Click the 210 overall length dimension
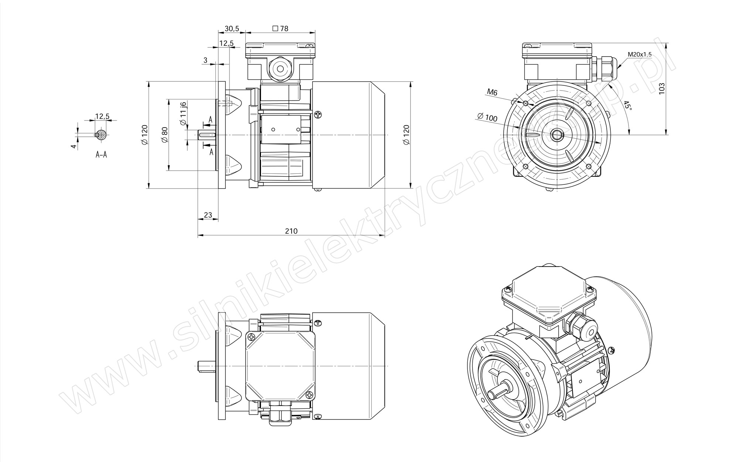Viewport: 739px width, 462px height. pyautogui.click(x=291, y=231)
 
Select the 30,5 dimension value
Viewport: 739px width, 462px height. pyautogui.click(x=232, y=28)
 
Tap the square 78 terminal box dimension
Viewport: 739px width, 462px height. pyautogui.click(x=280, y=28)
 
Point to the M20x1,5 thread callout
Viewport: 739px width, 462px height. pyautogui.click(x=640, y=54)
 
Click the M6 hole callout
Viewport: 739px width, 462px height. pyautogui.click(x=492, y=92)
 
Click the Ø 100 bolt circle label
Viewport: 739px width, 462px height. pyautogui.click(x=487, y=117)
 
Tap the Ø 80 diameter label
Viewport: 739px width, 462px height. pyautogui.click(x=164, y=135)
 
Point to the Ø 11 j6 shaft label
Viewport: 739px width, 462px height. pyautogui.click(x=183, y=114)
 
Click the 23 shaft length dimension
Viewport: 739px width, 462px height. pyautogui.click(x=208, y=215)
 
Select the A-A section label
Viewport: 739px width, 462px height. pyautogui.click(x=101, y=154)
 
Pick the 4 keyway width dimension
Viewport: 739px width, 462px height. pyautogui.click(x=74, y=146)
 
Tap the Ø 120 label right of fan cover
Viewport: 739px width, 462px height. pyautogui.click(x=406, y=135)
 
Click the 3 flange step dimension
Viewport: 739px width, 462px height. pyautogui.click(x=205, y=60)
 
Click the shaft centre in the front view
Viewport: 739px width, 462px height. pyautogui.click(x=556, y=135)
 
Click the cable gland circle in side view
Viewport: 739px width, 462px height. pyautogui.click(x=279, y=68)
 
